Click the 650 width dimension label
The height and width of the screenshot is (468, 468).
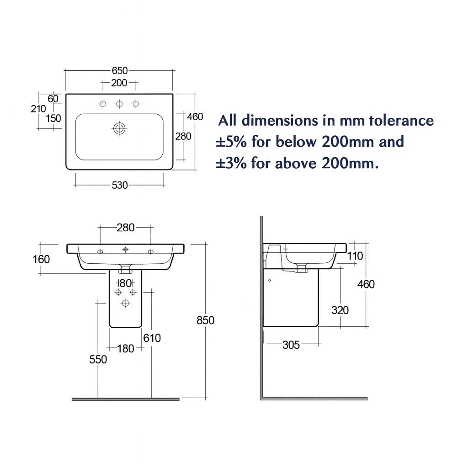point(119,71)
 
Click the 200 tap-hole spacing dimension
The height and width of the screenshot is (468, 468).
point(119,83)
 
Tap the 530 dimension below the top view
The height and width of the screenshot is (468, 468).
point(119,185)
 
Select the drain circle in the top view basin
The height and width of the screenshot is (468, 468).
point(119,128)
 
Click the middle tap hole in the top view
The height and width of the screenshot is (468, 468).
point(119,104)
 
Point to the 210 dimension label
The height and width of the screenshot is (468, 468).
point(38,109)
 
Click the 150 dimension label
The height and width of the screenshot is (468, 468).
point(53,118)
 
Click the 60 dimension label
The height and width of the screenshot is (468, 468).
point(53,99)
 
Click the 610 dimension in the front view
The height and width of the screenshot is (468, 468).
point(152,338)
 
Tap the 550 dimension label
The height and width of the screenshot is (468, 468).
point(98,360)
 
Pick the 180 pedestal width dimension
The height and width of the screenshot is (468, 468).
point(126,349)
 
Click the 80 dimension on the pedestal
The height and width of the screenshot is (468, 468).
point(126,283)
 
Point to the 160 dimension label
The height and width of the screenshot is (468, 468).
point(42,260)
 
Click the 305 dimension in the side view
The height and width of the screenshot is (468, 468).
point(291,345)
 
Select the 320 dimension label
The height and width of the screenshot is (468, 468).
point(340,311)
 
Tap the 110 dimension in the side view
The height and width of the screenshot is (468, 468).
point(355,256)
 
